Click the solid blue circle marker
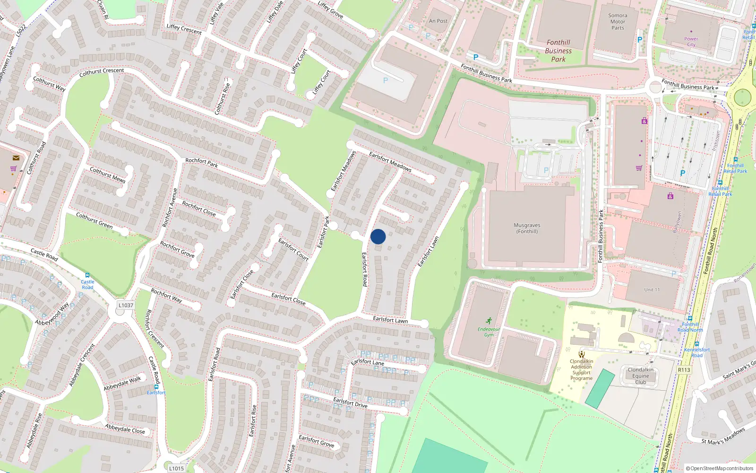pyautogui.click(x=378, y=236)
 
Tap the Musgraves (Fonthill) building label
pyautogui.click(x=527, y=228)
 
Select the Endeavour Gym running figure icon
pyautogui.click(x=489, y=321)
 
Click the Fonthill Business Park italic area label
pyautogui.click(x=558, y=51)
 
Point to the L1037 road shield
pyautogui.click(x=126, y=305)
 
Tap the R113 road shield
pyautogui.click(x=684, y=370)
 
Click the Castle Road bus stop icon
pyautogui.click(x=87, y=275)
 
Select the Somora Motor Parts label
pyautogui.click(x=618, y=22)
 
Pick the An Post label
pyautogui.click(x=438, y=21)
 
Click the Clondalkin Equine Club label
pyautogui.click(x=641, y=376)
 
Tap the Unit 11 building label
pyautogui.click(x=652, y=289)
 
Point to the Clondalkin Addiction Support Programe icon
pyautogui.click(x=582, y=354)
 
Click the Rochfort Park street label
pyautogui.click(x=202, y=163)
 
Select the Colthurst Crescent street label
pyautogui.click(x=102, y=72)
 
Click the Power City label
pyautogui.click(x=691, y=42)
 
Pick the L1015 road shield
pyautogui.click(x=176, y=468)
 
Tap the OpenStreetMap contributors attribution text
pyautogui.click(x=719, y=468)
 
